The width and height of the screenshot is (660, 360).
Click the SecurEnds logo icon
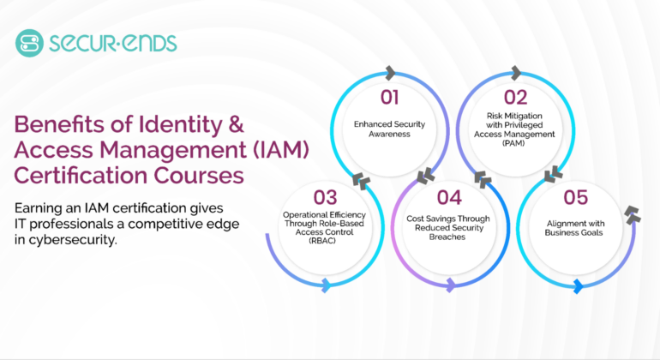pyautogui.click(x=28, y=42)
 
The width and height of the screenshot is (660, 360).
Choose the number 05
pyautogui.click(x=576, y=198)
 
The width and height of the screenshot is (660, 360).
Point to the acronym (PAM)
pyautogui.click(x=516, y=143)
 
